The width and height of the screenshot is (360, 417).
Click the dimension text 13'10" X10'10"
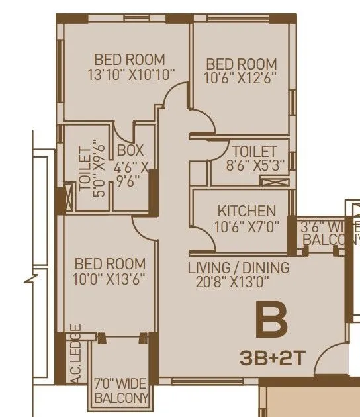click(x=130, y=75)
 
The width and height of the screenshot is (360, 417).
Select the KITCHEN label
click(x=246, y=211)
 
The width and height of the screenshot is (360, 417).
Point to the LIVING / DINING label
click(x=238, y=268)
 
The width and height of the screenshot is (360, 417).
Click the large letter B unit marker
click(x=272, y=321)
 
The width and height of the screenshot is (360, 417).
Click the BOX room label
click(x=130, y=151)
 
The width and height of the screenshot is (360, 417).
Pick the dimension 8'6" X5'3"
click(x=249, y=166)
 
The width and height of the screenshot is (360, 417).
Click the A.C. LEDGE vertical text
click(x=76, y=354)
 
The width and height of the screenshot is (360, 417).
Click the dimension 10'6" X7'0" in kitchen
click(x=246, y=226)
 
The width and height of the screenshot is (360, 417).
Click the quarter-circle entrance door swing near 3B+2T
click(x=330, y=361)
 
